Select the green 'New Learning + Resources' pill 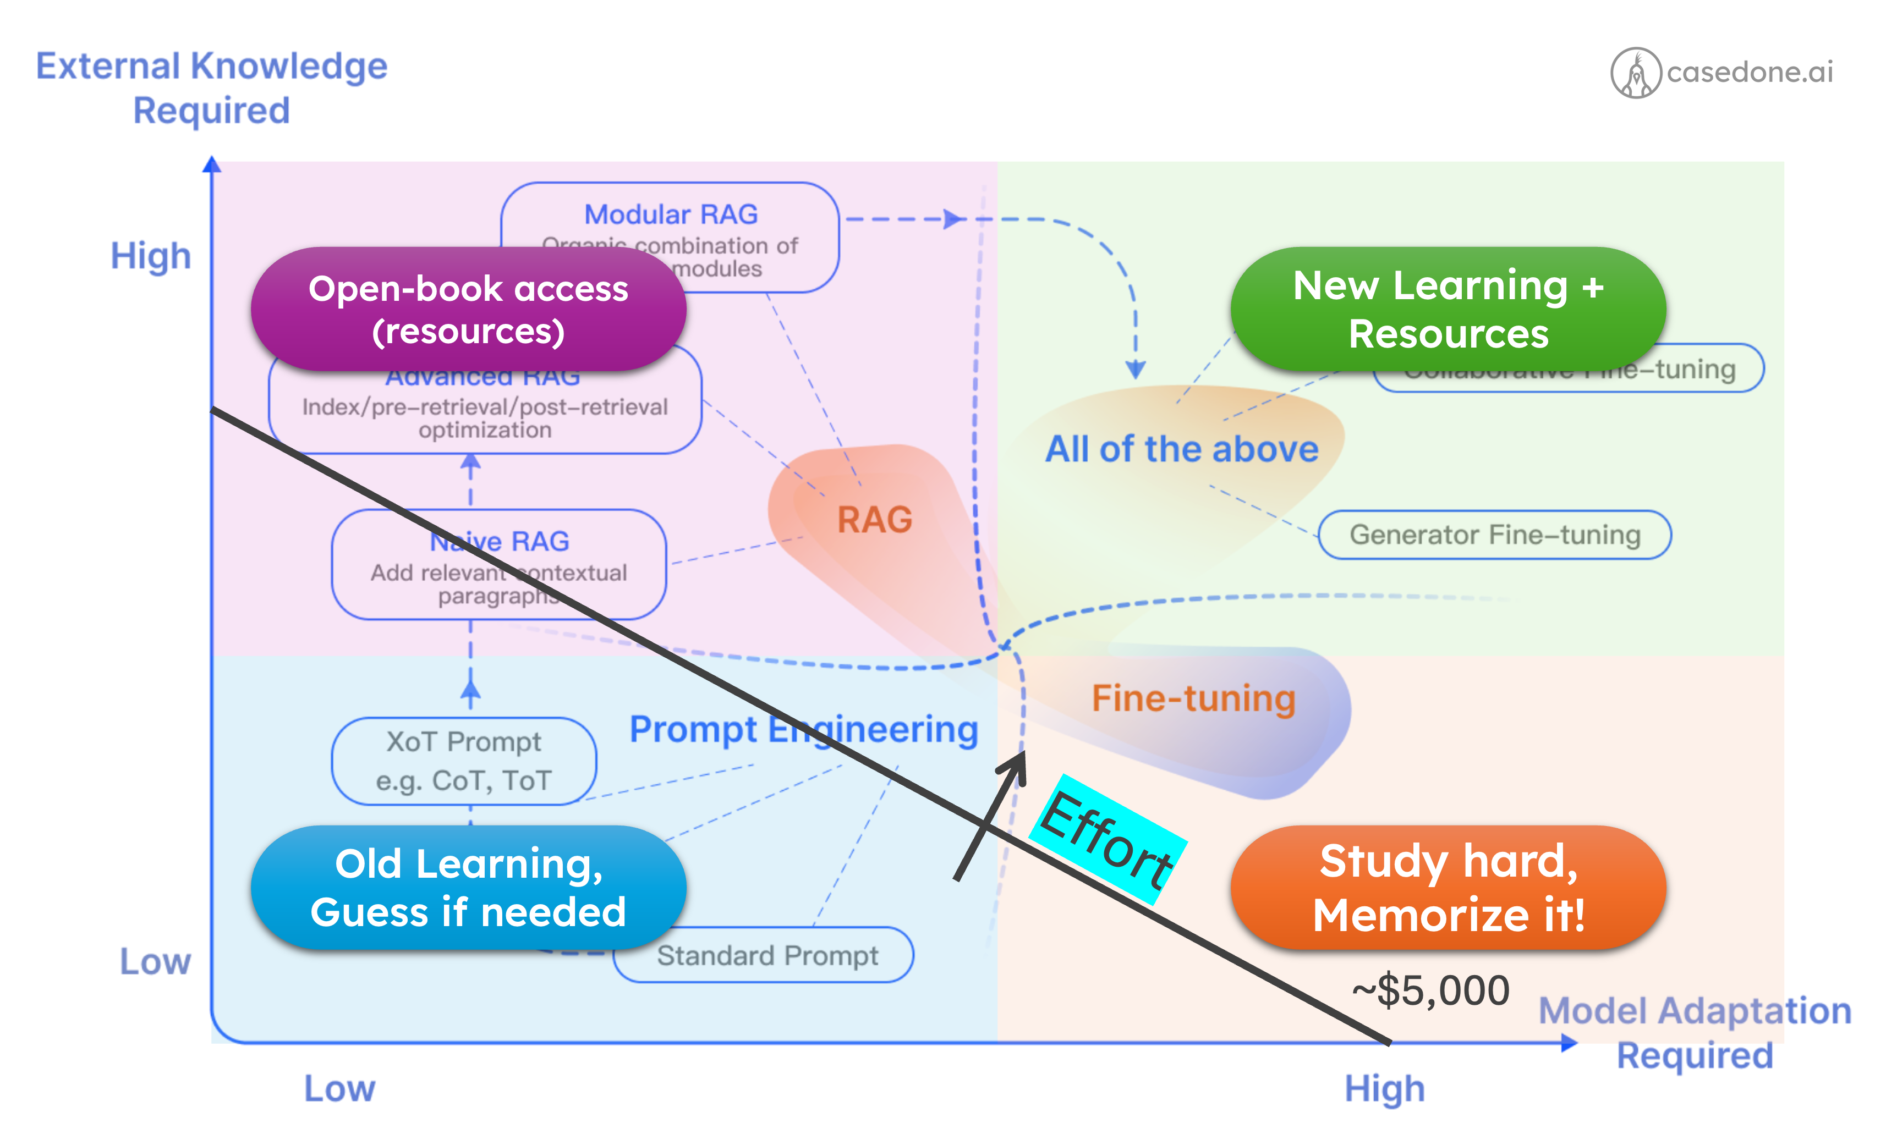(x=1448, y=310)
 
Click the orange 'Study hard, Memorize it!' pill (x=1448, y=888)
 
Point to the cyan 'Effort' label (x=1106, y=840)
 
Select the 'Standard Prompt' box (x=767, y=956)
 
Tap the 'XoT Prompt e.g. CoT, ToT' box (x=463, y=761)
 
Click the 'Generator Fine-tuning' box (x=1495, y=535)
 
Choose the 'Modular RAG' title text (x=671, y=214)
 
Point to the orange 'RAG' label (x=875, y=520)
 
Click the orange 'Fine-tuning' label (x=1193, y=698)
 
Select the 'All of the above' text (x=1181, y=449)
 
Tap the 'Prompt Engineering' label (x=803, y=730)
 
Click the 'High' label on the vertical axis (x=151, y=256)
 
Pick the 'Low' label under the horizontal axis (x=339, y=1089)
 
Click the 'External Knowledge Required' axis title (x=212, y=88)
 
